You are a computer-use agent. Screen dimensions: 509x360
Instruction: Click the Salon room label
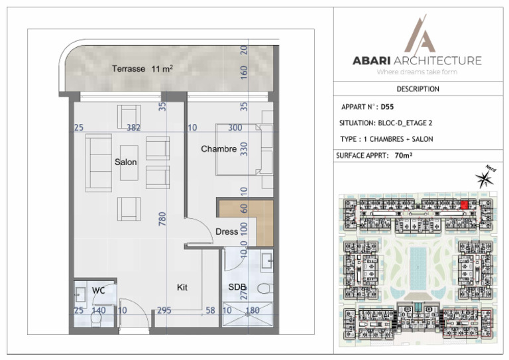pos(126,162)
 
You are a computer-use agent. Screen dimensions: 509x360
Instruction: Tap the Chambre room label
pos(219,149)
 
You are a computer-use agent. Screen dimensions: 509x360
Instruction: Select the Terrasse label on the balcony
pos(129,69)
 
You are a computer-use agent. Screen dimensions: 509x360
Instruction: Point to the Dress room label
pos(227,231)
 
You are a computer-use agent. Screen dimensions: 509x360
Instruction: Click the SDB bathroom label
pos(237,287)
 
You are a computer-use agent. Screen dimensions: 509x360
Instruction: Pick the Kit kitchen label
pos(182,287)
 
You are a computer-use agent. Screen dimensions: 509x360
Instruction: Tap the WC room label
pos(98,290)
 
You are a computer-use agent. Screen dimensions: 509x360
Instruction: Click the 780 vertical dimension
pos(162,219)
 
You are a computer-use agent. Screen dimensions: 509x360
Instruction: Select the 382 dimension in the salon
pos(133,127)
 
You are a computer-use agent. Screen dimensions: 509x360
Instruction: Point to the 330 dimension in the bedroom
pos(243,149)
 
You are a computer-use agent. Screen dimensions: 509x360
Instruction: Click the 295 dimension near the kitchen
pos(164,311)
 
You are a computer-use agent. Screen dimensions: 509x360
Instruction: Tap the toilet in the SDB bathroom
pos(265,288)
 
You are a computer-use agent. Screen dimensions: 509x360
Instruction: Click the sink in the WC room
pos(80,295)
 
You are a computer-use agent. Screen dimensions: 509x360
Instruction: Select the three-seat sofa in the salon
pos(98,163)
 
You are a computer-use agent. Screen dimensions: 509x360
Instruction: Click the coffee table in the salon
pos(129,163)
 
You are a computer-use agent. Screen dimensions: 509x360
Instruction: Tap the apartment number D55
pos(387,107)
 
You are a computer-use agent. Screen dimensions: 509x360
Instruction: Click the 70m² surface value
pos(404,156)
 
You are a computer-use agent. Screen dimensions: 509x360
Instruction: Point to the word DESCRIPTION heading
pos(418,89)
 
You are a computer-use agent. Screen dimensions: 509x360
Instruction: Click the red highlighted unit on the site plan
pos(465,205)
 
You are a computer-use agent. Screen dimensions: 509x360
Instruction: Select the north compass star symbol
pos(484,179)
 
